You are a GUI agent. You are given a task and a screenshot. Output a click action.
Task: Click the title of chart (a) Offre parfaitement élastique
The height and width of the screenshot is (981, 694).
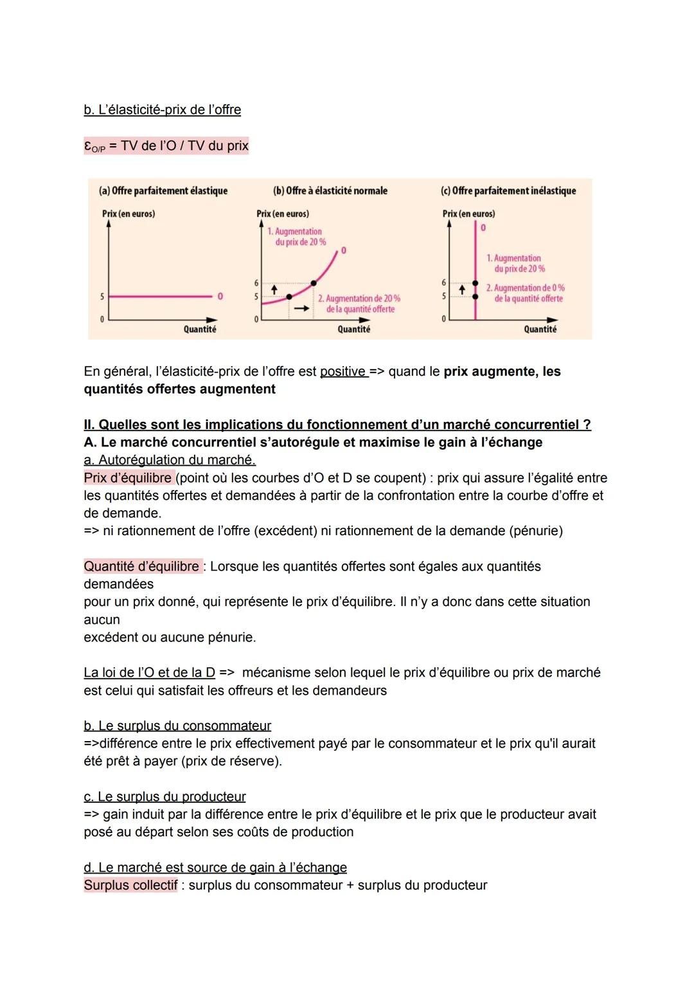pos(163,191)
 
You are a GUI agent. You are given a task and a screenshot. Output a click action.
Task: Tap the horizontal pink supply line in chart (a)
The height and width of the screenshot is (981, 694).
pos(161,297)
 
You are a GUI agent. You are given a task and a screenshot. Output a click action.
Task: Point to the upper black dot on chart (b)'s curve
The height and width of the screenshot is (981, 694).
pos(314,283)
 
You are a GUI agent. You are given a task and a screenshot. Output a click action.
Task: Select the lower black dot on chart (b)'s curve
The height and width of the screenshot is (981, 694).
pos(289,297)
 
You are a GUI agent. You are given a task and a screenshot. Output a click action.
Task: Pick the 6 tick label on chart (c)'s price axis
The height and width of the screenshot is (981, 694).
pos(443,283)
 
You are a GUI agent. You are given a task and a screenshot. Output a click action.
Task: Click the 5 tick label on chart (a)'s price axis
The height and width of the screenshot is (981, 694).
pos(102,297)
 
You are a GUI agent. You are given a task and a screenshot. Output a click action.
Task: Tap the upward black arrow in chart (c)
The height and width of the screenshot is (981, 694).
pos(461,290)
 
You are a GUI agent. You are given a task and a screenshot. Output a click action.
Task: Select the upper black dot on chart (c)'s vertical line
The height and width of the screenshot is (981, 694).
pos(476,283)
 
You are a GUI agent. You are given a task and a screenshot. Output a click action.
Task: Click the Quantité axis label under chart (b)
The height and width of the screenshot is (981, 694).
pos(353,329)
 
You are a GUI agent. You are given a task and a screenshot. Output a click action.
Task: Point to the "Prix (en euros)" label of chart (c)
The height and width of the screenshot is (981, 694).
pos(468,214)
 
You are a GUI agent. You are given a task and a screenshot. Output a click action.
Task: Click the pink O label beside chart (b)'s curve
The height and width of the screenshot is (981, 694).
pos(344,250)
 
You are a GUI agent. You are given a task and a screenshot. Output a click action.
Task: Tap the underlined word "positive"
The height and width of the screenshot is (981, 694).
pos(344,372)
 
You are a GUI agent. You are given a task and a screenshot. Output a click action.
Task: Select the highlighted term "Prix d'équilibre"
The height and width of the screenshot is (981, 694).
pos(128,478)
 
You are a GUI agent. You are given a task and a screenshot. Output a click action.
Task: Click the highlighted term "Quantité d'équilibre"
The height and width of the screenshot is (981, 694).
pos(142,567)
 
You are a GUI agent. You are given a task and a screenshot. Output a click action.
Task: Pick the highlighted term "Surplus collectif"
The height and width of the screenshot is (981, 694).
pos(130,885)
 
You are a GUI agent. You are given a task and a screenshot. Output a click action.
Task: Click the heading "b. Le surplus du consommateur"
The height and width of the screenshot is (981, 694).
pos(177,726)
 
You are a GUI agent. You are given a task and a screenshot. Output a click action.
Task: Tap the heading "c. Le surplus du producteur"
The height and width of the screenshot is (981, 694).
pos(165,796)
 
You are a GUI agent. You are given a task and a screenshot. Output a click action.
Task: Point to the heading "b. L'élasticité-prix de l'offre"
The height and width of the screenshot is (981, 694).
pos(163,110)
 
